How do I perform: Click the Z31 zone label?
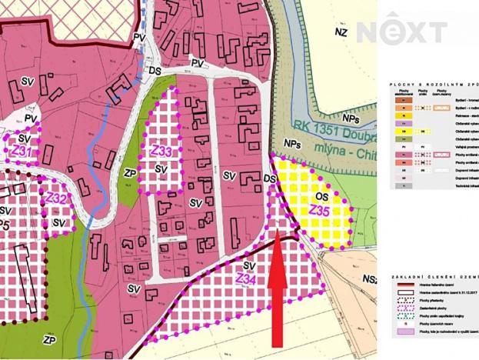23,152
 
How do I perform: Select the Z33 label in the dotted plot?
160,152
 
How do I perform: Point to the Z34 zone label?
247,278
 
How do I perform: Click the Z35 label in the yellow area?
320,208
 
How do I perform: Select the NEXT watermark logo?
401,32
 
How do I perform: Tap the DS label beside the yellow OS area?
270,178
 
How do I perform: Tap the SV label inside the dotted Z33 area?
161,168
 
